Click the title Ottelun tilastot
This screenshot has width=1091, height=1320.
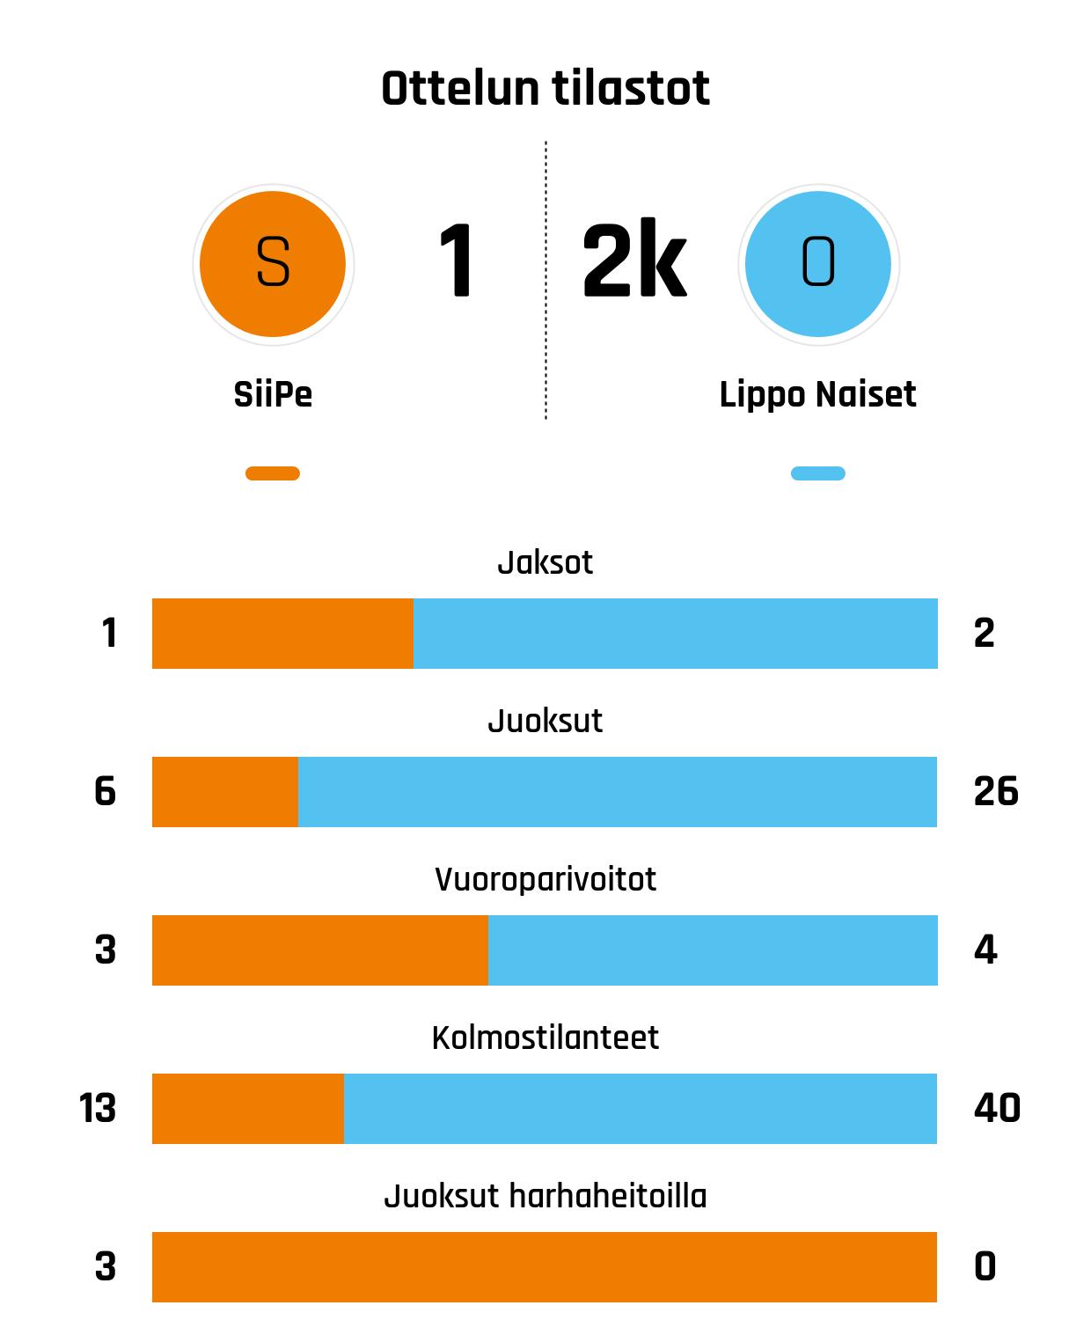(x=545, y=89)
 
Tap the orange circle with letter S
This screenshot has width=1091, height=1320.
(x=273, y=263)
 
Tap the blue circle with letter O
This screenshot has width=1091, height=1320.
(x=818, y=263)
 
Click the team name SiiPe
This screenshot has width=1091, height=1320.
(x=273, y=394)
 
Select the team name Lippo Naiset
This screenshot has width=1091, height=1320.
(x=818, y=394)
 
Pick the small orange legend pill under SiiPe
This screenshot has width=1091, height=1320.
(x=273, y=473)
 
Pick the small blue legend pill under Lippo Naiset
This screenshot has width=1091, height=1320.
(x=818, y=473)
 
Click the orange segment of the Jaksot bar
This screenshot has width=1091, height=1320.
(x=282, y=634)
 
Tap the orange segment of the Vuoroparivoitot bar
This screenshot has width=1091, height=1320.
(x=320, y=950)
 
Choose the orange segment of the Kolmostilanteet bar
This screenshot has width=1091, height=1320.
(x=248, y=1109)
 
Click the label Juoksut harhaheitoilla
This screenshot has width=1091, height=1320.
(x=545, y=1196)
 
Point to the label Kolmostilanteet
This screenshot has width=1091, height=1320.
(x=545, y=1038)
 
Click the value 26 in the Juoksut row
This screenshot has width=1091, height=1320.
(x=996, y=792)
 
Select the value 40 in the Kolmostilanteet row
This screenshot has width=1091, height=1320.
(x=997, y=1109)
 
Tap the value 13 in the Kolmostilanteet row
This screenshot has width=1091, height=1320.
(x=98, y=1109)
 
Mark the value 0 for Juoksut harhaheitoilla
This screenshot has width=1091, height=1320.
(x=985, y=1267)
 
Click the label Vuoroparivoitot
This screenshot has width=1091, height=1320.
(x=545, y=879)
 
